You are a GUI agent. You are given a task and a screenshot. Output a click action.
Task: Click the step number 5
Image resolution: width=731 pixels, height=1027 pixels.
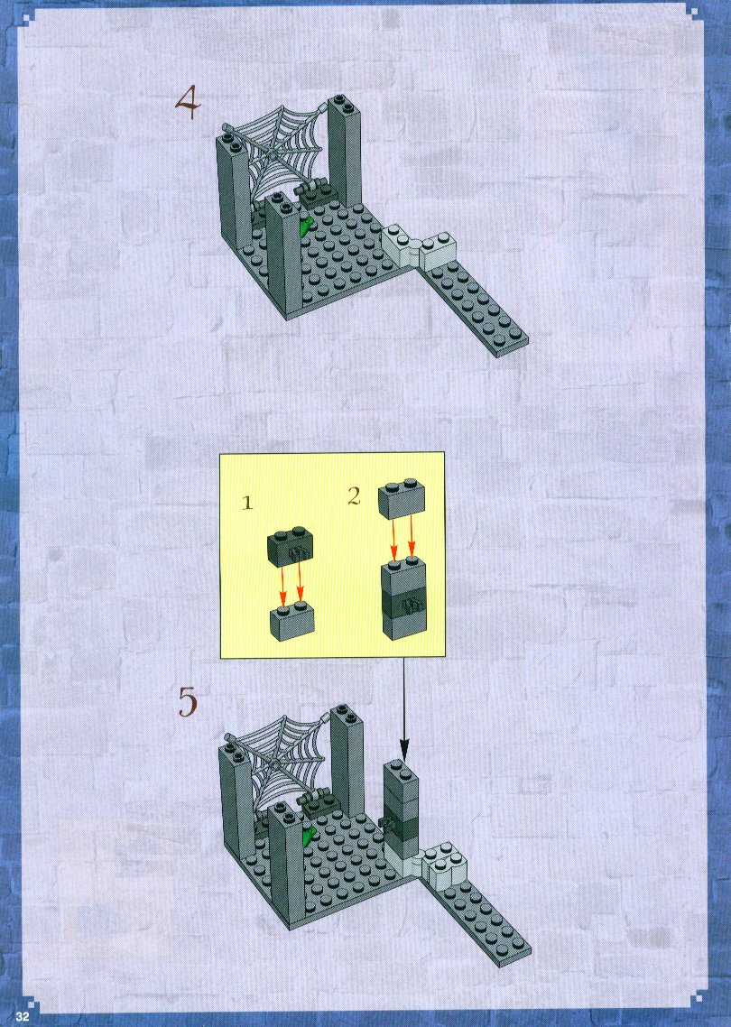click(x=188, y=702)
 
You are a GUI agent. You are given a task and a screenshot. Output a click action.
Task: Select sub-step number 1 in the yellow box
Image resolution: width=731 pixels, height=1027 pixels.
click(x=247, y=503)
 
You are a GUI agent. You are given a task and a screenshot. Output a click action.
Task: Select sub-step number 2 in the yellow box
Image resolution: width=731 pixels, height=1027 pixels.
click(x=355, y=495)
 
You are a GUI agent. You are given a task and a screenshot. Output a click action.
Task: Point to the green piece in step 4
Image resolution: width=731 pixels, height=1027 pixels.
click(x=306, y=227)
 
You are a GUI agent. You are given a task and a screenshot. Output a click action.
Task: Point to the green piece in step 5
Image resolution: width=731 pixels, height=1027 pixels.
click(x=307, y=835)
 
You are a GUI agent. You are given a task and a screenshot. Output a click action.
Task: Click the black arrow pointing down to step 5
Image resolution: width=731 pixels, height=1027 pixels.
click(x=403, y=709)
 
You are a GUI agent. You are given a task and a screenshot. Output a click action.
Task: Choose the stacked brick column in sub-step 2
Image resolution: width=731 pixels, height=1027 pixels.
click(x=403, y=597)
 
